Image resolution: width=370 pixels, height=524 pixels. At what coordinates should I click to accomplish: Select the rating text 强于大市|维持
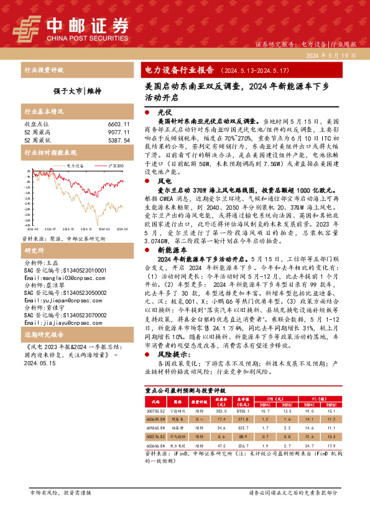(x=75, y=91)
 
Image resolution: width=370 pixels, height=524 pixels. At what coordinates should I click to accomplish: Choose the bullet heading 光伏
(x=164, y=110)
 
